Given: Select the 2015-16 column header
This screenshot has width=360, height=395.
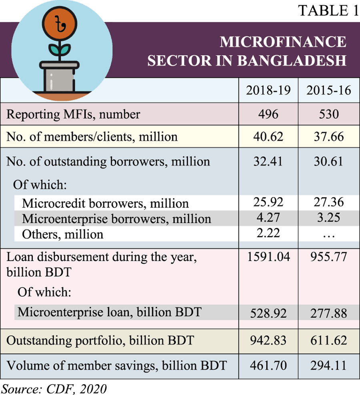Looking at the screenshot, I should click(329, 90).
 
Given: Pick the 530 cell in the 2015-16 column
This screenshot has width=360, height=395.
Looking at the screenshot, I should click(329, 114).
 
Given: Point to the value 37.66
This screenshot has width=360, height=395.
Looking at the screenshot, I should click(329, 137).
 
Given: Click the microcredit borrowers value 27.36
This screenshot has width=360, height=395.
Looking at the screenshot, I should click(329, 202).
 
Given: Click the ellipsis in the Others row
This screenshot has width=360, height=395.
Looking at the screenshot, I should click(329, 235).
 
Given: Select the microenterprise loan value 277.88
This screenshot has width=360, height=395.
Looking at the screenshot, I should click(329, 312).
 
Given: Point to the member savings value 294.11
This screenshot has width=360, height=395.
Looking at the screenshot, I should click(329, 365).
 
